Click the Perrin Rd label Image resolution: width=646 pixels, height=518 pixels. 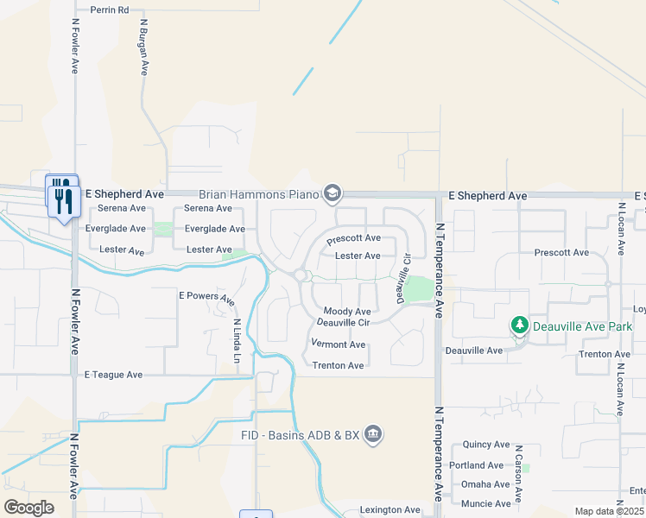click(109, 9)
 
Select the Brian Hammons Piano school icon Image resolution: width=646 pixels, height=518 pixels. click(332, 193)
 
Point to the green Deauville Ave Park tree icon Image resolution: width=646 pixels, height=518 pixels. click(519, 325)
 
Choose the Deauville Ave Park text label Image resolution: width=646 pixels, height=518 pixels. click(584, 326)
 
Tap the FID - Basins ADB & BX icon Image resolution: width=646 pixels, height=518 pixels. click(373, 433)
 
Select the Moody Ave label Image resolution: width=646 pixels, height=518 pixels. click(347, 312)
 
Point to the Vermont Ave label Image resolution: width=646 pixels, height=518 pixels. click(338, 344)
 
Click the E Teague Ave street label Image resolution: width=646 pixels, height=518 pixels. click(113, 375)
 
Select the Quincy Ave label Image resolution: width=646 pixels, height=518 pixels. click(486, 445)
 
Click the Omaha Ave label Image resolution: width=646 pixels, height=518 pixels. click(485, 484)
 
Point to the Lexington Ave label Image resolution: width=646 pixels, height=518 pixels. click(390, 510)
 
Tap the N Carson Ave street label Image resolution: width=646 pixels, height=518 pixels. click(518, 474)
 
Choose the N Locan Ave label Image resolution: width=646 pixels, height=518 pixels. click(620, 229)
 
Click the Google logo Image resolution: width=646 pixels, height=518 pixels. click(29, 507)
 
